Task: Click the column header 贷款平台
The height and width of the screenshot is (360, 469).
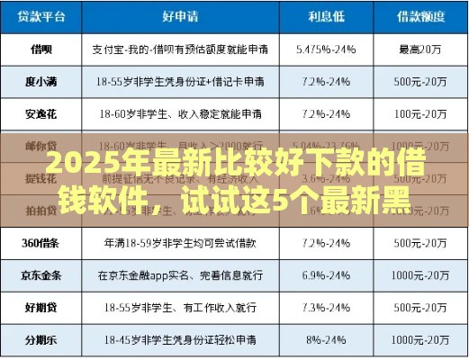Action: [x=42, y=15]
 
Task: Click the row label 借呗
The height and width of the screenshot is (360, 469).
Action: [x=42, y=48]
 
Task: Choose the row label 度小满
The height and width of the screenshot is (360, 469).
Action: [x=42, y=81]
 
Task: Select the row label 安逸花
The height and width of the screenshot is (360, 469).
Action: [x=42, y=114]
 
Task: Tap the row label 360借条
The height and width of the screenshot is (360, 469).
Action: [x=42, y=243]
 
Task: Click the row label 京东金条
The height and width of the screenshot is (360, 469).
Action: [x=42, y=274]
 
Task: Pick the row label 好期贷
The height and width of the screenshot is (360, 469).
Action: [x=42, y=307]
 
